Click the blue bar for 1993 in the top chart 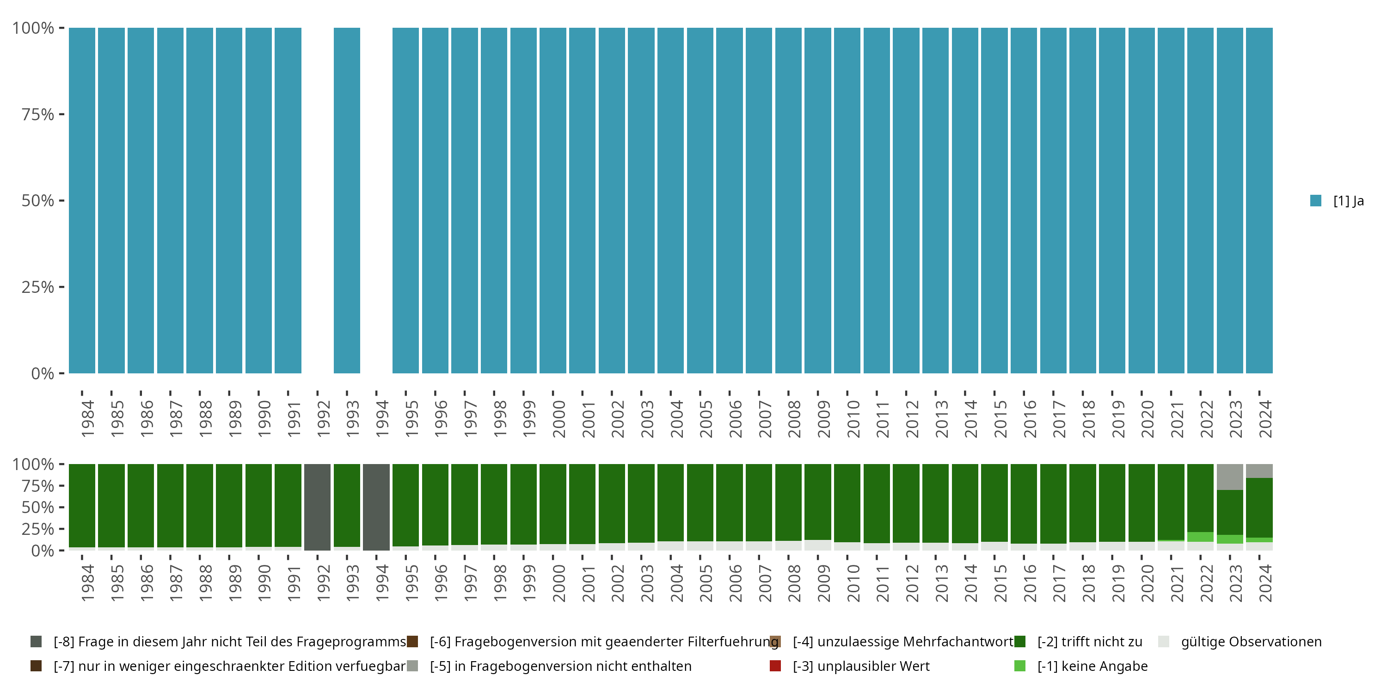347,200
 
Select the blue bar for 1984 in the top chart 82,200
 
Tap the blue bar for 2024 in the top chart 1259,200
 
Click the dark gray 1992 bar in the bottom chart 317,507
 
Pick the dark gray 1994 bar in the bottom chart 376,507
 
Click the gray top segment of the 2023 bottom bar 1230,477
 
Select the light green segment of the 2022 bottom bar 1200,537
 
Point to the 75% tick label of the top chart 38,114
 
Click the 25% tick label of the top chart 38,287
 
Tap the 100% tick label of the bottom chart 33,465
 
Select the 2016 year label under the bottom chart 1030,583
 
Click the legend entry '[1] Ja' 1348,201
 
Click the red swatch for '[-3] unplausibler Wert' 775,666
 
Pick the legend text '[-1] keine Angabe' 1092,666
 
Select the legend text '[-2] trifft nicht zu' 1090,642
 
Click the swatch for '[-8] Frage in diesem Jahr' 36,642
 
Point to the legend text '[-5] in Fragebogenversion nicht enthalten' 560,666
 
